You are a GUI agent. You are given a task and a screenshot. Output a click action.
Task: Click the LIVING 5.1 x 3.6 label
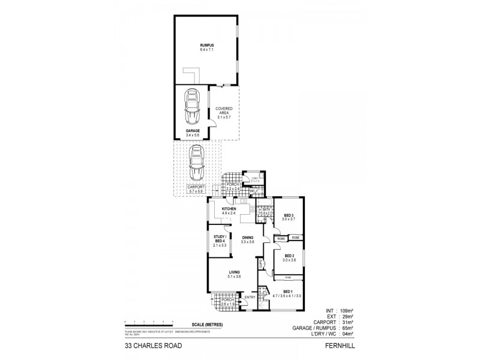coord(233,274)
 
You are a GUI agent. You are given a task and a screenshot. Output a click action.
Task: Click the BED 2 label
coord(289,257)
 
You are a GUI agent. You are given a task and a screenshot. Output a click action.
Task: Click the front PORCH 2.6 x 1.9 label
coord(228,302)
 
